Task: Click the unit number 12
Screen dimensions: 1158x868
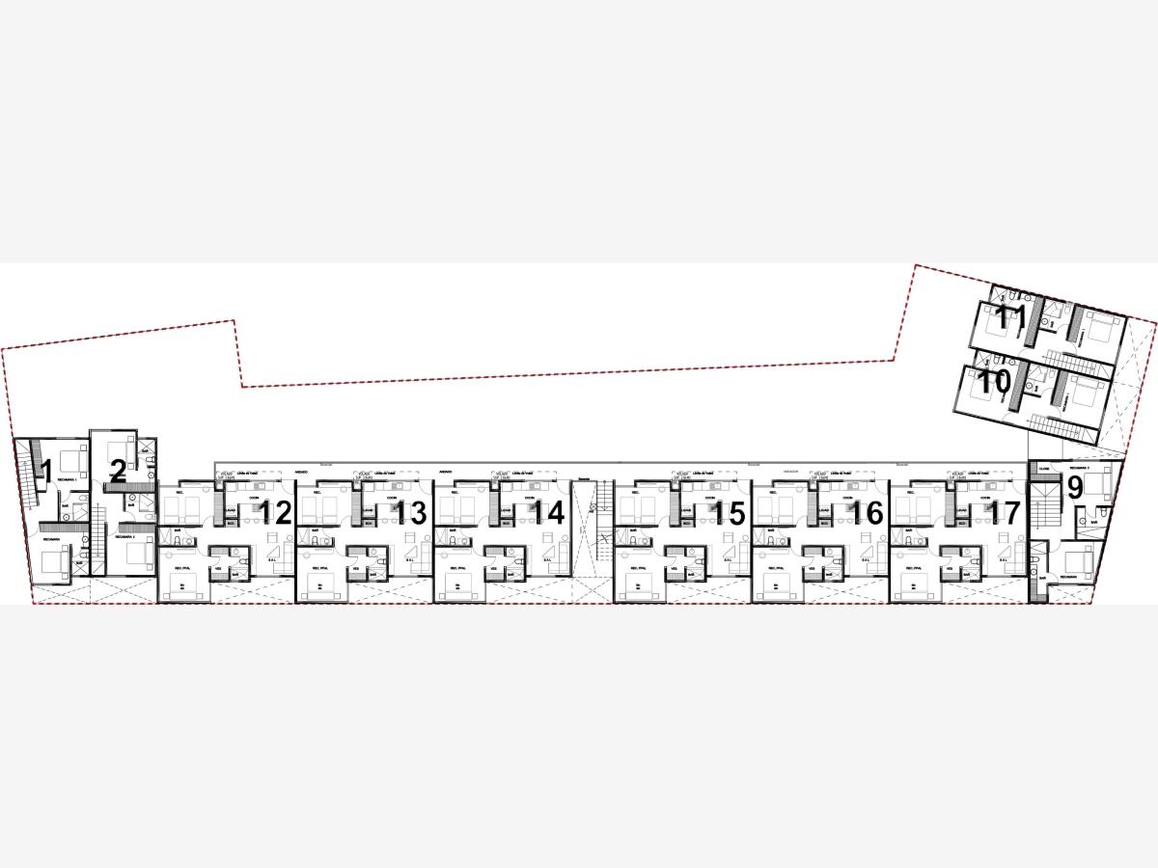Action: [276, 513]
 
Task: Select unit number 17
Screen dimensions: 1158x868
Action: [1005, 513]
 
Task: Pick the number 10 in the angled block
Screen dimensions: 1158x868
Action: [995, 381]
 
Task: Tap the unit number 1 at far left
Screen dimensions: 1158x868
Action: [44, 472]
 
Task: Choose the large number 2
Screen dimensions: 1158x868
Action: [117, 472]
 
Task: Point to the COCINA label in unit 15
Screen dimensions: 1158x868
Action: [710, 499]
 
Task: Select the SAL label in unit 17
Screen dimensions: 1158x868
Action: [1003, 559]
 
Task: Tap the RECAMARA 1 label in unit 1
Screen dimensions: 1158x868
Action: [67, 479]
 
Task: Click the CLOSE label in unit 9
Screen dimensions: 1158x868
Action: [1044, 467]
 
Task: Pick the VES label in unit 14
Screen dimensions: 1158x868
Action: [493, 568]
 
